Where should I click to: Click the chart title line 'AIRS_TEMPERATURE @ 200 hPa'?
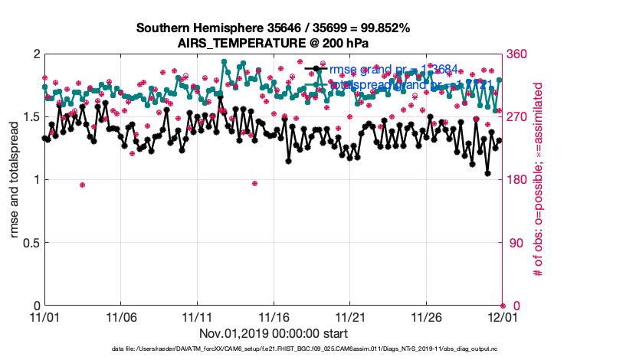tap(273, 43)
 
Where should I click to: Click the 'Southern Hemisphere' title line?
tap(273, 28)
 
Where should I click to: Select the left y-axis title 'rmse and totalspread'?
tap(16, 180)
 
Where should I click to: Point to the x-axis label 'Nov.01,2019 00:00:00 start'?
tap(273, 333)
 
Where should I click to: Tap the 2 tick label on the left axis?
tap(36, 54)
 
